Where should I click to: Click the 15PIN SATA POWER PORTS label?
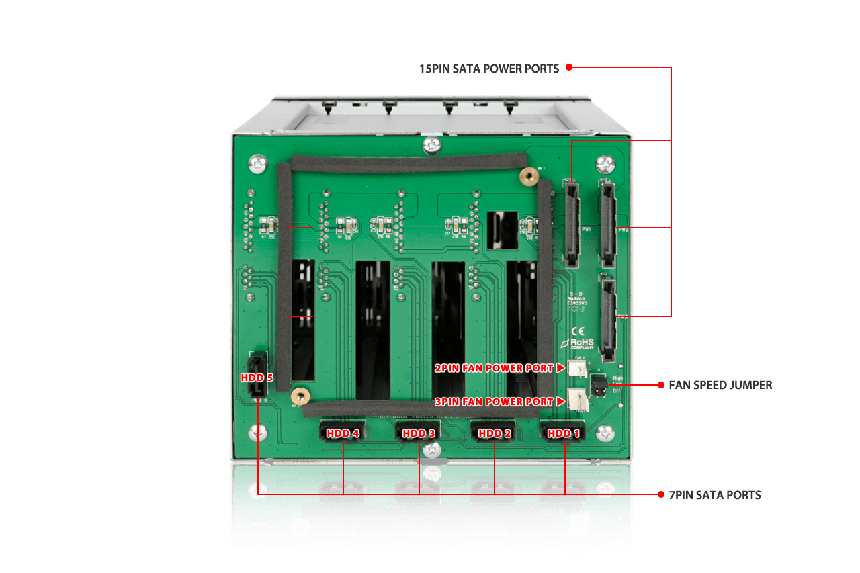pos(488,69)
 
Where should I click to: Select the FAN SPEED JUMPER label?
pos(720,385)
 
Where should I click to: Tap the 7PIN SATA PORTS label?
pos(715,495)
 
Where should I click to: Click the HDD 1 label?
pos(563,433)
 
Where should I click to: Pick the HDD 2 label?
pos(494,433)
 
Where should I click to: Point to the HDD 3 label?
pos(419,433)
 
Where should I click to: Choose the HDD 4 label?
pos(343,433)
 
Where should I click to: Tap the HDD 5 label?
pos(257,378)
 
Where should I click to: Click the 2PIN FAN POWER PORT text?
pos(493,368)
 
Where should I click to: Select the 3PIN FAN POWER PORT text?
pos(493,402)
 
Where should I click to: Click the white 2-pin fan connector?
pos(576,367)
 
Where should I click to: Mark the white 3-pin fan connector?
pos(576,400)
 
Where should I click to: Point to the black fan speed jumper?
pos(597,385)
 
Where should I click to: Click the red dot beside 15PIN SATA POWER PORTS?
pos(568,67)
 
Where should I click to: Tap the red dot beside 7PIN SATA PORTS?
pos(661,494)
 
